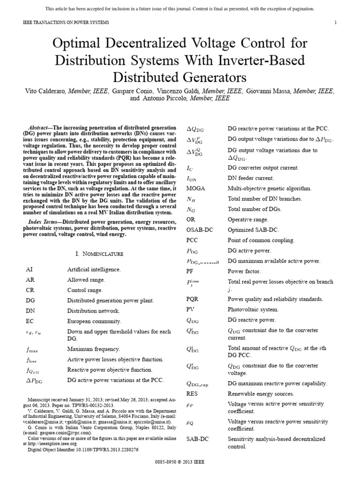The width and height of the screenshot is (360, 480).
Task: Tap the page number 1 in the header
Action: (336, 22)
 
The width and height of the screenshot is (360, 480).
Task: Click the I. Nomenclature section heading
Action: (99, 254)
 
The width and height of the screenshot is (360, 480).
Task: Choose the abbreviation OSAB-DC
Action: (200, 230)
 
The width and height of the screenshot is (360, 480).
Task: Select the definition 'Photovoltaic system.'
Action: (253, 309)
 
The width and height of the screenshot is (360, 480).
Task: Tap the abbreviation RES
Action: (193, 394)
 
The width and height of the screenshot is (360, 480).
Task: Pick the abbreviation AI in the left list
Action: (30, 270)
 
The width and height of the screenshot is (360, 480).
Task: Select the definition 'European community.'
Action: (94, 321)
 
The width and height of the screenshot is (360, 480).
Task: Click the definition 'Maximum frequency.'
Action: (94, 349)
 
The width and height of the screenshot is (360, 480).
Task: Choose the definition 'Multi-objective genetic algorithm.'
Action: (270, 188)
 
